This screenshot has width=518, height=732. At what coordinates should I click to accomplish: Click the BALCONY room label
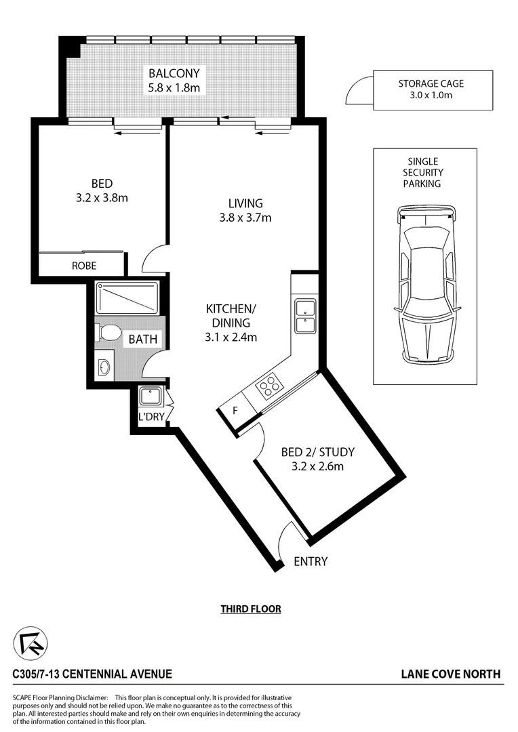(174, 73)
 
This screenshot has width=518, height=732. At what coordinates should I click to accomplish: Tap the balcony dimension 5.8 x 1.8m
(174, 87)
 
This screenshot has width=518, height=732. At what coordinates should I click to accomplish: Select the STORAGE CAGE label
(431, 83)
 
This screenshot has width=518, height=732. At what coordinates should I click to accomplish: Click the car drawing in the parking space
(426, 285)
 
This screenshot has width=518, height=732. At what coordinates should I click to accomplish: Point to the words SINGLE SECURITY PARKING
(422, 172)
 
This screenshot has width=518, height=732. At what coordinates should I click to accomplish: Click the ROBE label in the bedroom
(83, 266)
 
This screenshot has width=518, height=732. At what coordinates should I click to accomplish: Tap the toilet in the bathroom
(108, 332)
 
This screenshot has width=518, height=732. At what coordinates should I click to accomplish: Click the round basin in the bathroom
(104, 367)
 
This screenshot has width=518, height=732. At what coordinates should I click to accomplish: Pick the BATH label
(144, 338)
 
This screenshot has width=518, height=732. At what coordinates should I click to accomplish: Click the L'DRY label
(151, 417)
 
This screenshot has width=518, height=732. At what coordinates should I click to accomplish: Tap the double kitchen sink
(304, 316)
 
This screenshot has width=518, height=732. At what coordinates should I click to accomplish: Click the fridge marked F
(235, 411)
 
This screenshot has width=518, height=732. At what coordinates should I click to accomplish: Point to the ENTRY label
(311, 561)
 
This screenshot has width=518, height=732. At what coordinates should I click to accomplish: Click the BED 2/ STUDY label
(317, 452)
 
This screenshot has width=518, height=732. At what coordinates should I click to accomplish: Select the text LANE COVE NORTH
(451, 674)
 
